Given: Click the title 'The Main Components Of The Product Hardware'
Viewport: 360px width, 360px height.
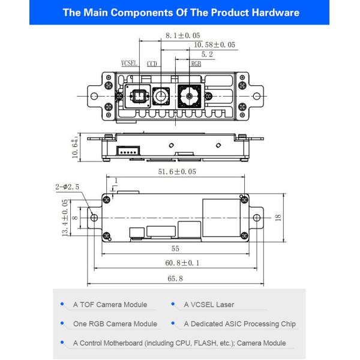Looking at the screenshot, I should coord(179,13).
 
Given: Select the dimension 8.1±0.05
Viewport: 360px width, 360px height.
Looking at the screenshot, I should coord(182,36).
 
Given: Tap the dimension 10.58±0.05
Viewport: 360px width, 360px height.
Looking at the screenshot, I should coord(214,45).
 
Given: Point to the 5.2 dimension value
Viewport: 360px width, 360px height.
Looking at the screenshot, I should coord(206,54).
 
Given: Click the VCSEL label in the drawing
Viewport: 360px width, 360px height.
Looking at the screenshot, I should coord(130,62).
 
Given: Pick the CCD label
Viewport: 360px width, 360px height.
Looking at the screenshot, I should coord(152,62).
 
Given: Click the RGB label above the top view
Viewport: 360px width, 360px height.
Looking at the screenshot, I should coord(196,62).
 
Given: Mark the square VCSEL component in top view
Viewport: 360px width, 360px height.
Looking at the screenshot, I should coord(138,95).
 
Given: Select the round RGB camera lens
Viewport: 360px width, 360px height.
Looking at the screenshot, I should coord(191,95).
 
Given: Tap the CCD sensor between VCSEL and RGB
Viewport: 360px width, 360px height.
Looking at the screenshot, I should coord(161,95).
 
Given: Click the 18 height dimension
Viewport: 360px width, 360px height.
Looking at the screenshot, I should coord(277,217).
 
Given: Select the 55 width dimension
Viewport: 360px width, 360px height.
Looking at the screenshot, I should coord(176,248).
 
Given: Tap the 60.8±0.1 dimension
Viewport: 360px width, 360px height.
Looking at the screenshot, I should coord(176,263).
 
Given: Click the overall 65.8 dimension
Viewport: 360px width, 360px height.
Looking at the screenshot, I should coord(176,278).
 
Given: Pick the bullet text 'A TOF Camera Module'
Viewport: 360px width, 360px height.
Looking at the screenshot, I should coord(110,305).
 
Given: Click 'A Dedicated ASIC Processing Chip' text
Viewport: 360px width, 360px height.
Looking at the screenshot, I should coord(239,324).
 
